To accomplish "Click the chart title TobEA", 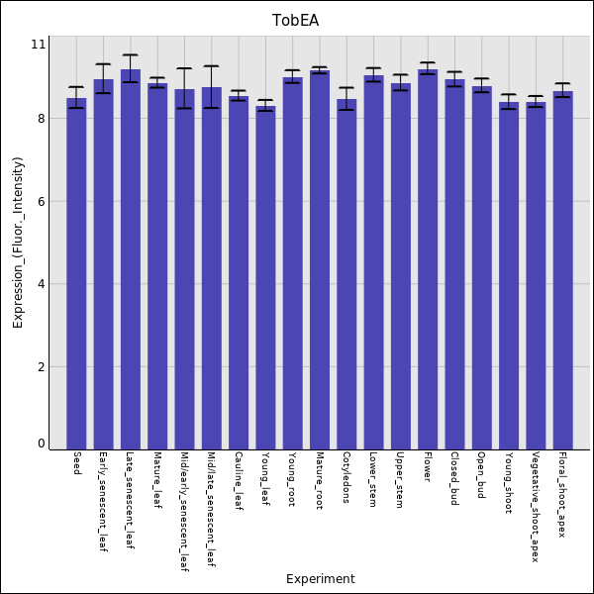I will pos(296,21).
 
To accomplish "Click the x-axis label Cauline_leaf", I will pos(239,481).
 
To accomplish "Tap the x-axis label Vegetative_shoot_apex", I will pos(536,507).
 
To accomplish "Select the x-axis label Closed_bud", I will pos(454,479).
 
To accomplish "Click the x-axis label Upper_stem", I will pos(400,480).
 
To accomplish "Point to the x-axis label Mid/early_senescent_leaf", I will pos(184,513).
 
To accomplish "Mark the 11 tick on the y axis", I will pos(39,45).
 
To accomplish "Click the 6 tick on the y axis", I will pos(39,202).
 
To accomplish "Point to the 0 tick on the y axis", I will pos(41,444).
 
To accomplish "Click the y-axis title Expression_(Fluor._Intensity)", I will pos(17,243).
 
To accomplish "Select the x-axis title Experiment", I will pos(320,579).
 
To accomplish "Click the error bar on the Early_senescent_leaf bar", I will pos(103,78).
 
